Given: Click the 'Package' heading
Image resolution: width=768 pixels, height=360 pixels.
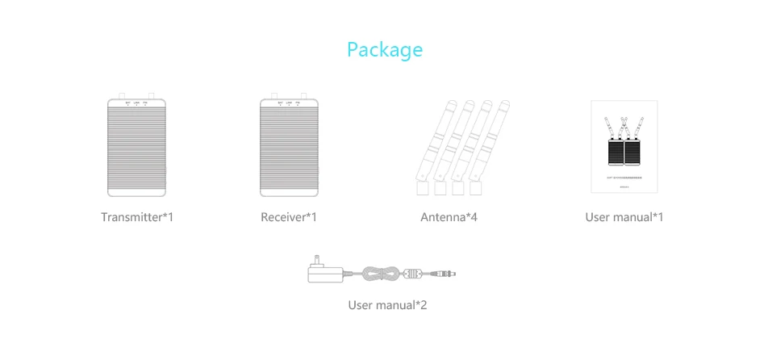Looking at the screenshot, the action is pyautogui.click(x=384, y=50).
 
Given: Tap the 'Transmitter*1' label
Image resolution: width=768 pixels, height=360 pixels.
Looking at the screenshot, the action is pyautogui.click(x=137, y=217).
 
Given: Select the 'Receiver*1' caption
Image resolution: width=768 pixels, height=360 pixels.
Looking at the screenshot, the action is pyautogui.click(x=289, y=217).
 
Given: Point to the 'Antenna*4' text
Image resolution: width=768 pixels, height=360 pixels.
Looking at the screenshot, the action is pyautogui.click(x=449, y=217).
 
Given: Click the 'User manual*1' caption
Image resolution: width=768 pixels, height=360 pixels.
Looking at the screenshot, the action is pyautogui.click(x=624, y=217).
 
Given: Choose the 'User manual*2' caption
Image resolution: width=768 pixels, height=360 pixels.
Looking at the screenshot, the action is pyautogui.click(x=387, y=305).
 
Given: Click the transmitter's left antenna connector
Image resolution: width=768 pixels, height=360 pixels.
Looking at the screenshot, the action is pyautogui.click(x=123, y=95).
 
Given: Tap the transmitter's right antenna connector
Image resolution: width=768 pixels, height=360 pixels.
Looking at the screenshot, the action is pyautogui.click(x=151, y=95).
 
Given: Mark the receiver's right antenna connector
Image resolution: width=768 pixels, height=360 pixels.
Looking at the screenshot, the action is pyautogui.click(x=303, y=95).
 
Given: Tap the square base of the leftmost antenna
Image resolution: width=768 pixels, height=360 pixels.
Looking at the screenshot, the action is pyautogui.click(x=422, y=188).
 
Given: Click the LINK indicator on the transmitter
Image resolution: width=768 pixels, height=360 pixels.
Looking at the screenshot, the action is pyautogui.click(x=136, y=103).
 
